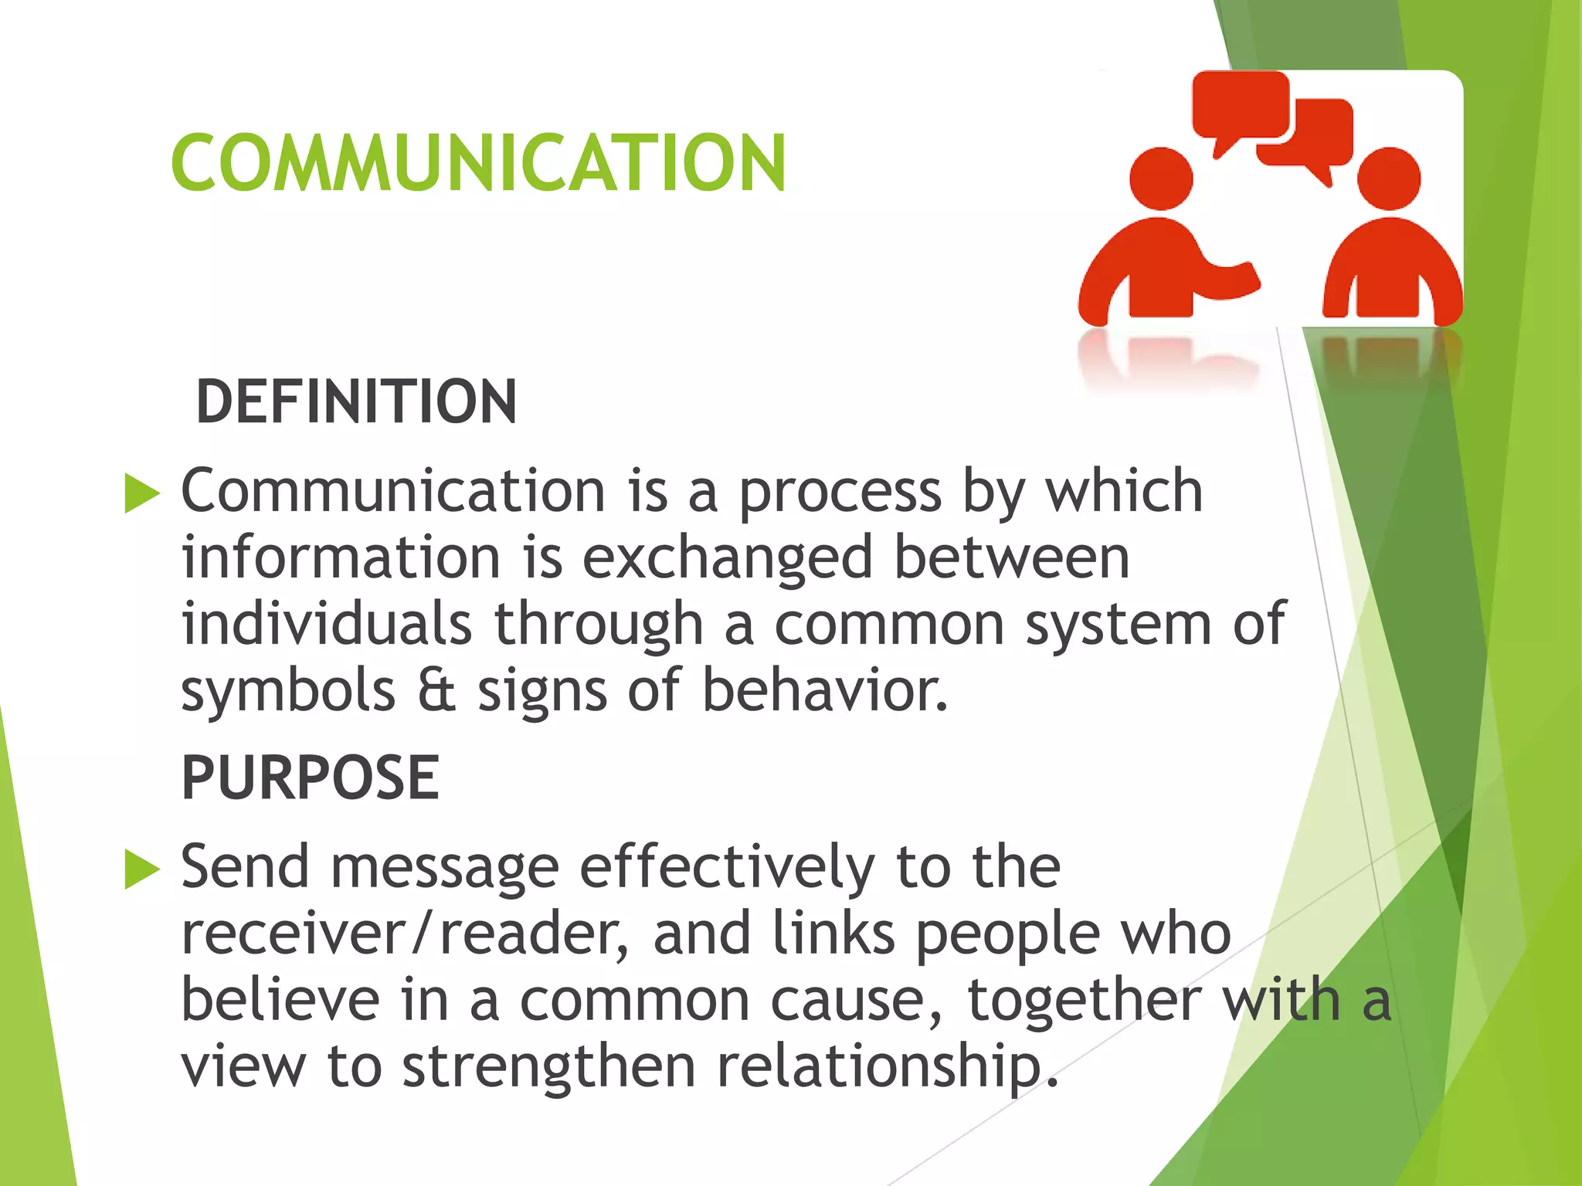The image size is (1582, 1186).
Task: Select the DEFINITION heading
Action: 356,402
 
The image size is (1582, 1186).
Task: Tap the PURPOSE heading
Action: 311,778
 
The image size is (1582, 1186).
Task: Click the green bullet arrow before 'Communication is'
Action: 141,493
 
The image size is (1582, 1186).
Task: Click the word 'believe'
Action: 280,1000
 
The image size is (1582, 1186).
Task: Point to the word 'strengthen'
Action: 549,1066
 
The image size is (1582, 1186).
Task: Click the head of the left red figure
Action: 1161,178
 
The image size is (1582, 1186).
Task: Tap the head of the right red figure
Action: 1389,178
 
